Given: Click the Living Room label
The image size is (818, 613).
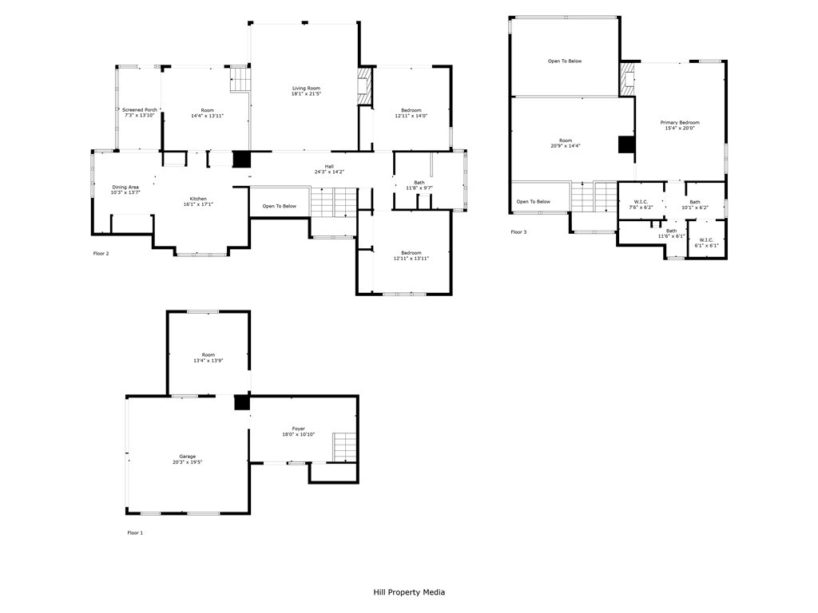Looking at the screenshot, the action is pos(306,88).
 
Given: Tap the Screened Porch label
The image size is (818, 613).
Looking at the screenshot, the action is pos(140,110).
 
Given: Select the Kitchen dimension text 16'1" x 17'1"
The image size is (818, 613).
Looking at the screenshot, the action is pos(198,204).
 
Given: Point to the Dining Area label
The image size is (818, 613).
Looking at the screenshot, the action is pos(125,187).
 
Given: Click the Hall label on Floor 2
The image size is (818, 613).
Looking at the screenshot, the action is pos(329,166).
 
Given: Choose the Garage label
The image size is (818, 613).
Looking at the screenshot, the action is pos(188,456).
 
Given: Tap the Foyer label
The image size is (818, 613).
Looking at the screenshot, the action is pos(299,429).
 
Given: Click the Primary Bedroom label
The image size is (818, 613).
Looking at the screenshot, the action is pos(680,122).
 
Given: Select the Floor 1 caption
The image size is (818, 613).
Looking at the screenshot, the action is pos(135,532).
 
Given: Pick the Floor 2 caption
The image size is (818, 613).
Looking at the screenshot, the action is pos(101,253).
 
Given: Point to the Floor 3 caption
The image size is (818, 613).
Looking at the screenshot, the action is pos(518,232).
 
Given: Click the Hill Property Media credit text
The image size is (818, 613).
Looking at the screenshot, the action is pos(409,592).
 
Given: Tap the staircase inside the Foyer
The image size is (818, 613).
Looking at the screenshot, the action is pos(345,447).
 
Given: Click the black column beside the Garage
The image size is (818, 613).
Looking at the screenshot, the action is pos(241,402).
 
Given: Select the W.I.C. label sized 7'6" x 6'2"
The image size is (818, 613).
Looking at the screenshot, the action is pos(641,202).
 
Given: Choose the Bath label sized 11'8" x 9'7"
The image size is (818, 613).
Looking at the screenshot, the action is pos(419,183).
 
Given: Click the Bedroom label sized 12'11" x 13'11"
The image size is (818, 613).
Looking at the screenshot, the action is pos(411,253).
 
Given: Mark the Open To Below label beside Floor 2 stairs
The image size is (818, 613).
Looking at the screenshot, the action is pos(279,206).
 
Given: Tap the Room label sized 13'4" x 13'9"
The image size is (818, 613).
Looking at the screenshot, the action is pos(208,355).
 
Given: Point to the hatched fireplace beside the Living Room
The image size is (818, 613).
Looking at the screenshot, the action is pos(363,86).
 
